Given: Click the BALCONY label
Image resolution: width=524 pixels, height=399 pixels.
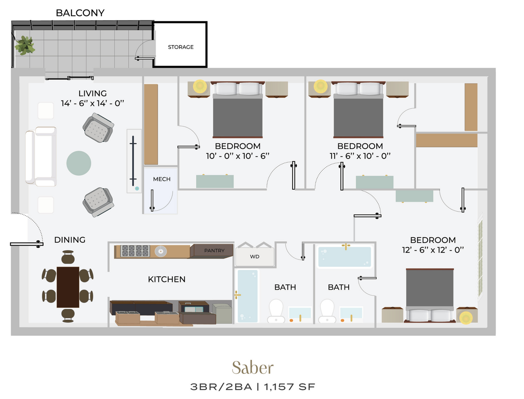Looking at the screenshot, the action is pyautogui.click(x=80, y=13).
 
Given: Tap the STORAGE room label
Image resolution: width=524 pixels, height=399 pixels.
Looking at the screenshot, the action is pyautogui.click(x=181, y=47).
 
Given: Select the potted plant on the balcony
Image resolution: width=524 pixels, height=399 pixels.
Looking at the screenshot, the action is pyautogui.click(x=25, y=45).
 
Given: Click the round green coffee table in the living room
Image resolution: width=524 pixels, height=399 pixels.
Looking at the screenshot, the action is pyautogui.click(x=79, y=163).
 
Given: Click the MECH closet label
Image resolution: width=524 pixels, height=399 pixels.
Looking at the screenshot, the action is pyautogui.click(x=162, y=179).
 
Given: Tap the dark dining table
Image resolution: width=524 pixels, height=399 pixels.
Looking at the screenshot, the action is pyautogui.click(x=68, y=287).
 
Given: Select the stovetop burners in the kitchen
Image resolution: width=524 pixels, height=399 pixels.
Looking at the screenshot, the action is pyautogui.click(x=135, y=251).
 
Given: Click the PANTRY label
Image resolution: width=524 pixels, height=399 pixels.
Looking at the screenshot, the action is pyautogui.click(x=214, y=250).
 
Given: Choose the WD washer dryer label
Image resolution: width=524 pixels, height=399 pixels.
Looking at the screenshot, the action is pyautogui.click(x=255, y=256).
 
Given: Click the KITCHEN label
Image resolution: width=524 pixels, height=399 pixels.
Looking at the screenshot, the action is pyautogui.click(x=167, y=279).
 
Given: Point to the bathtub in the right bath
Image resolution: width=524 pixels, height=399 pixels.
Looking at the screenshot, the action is pyautogui.click(x=345, y=256).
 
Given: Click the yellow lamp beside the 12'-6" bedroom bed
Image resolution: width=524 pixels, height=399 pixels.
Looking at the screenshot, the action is pyautogui.click(x=466, y=318).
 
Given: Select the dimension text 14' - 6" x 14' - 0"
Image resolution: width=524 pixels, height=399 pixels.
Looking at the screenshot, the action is pyautogui.click(x=93, y=103).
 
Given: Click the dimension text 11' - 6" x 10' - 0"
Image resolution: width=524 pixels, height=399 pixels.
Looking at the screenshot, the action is pyautogui.click(x=360, y=156).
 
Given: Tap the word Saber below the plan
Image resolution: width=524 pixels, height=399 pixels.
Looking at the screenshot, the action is pyautogui.click(x=253, y=368).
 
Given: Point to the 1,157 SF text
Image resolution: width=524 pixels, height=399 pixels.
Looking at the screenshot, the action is pyautogui.click(x=290, y=387).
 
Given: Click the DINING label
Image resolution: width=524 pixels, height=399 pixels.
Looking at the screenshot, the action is pyautogui.click(x=70, y=240).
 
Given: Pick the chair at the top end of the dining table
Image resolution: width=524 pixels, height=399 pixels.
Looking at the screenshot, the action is pyautogui.click(x=68, y=257).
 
